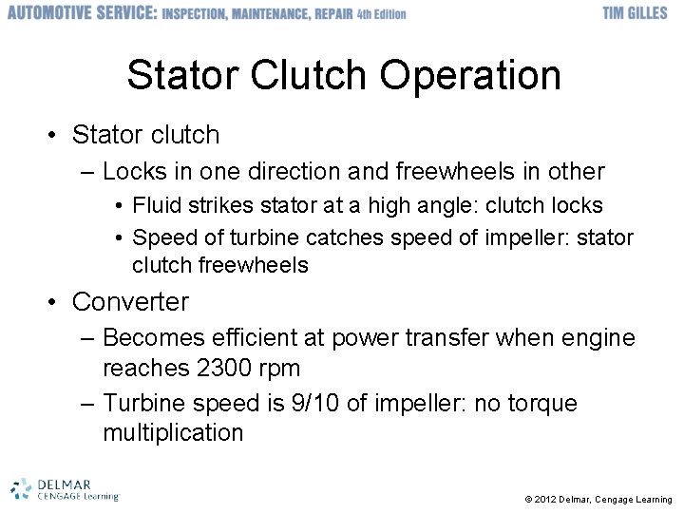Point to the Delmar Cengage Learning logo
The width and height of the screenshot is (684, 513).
(65, 488)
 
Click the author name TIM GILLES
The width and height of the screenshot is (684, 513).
(635, 13)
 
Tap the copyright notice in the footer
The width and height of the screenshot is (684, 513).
(598, 499)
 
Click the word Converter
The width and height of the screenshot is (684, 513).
(130, 302)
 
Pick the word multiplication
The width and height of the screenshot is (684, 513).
(173, 433)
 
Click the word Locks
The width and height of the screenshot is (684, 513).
(136, 172)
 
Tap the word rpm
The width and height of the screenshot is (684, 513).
(278, 368)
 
